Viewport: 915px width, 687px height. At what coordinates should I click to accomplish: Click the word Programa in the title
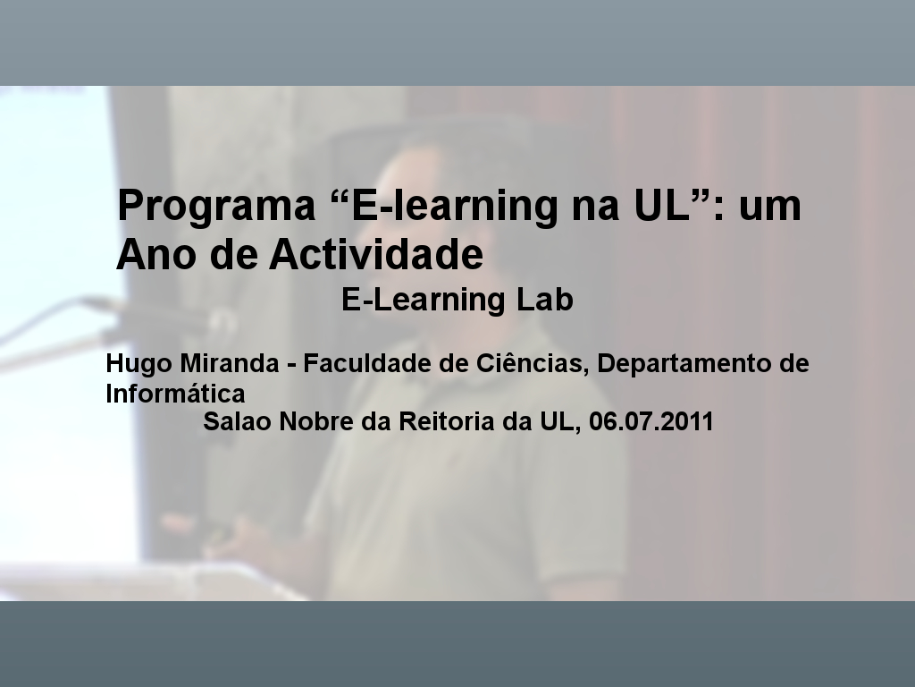pos(216,207)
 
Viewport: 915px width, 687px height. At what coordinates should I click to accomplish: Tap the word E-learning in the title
pos(454,207)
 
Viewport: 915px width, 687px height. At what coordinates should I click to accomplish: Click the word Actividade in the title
pos(376,254)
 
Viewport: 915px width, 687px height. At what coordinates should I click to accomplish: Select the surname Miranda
pos(230,363)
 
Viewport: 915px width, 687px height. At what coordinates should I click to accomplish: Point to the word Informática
pos(175,394)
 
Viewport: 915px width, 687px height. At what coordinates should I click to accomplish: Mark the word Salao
pos(237,421)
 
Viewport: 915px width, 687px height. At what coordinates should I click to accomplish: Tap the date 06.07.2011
pos(651,421)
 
